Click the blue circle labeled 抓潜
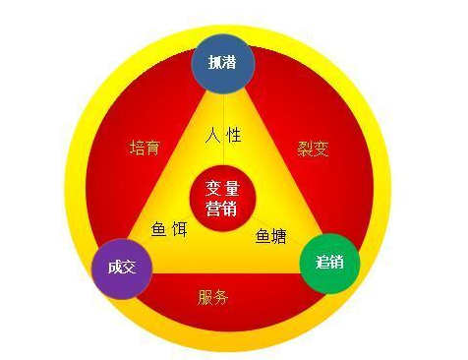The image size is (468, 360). (223, 62)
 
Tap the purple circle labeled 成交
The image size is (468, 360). (121, 268)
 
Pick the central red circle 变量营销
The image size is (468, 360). (222, 197)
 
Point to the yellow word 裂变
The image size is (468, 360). (312, 149)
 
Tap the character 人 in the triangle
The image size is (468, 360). (211, 136)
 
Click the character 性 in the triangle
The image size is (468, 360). (234, 136)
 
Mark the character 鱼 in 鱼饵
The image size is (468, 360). (158, 228)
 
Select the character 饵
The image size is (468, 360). (181, 228)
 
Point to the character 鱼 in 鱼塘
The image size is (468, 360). (263, 236)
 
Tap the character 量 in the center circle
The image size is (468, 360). (233, 187)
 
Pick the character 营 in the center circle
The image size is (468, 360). (212, 208)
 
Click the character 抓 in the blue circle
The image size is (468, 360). (215, 62)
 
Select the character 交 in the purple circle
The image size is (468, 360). (129, 268)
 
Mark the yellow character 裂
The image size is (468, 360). (304, 149)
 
